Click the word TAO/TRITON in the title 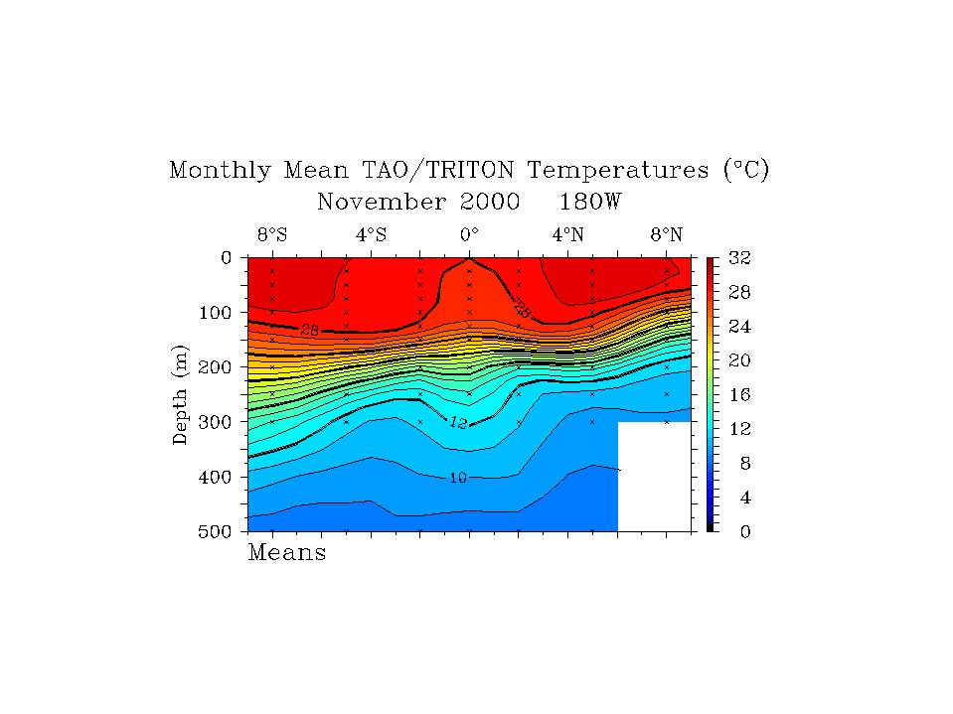[429, 170]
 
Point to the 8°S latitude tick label [272, 235]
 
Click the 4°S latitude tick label [371, 235]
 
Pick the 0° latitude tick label [469, 235]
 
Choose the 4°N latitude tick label [567, 235]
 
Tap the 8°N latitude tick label [666, 235]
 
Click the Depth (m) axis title [181, 394]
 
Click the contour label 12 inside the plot [457, 422]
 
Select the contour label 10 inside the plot [457, 478]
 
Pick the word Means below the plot [286, 553]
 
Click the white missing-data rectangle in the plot [654, 476]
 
